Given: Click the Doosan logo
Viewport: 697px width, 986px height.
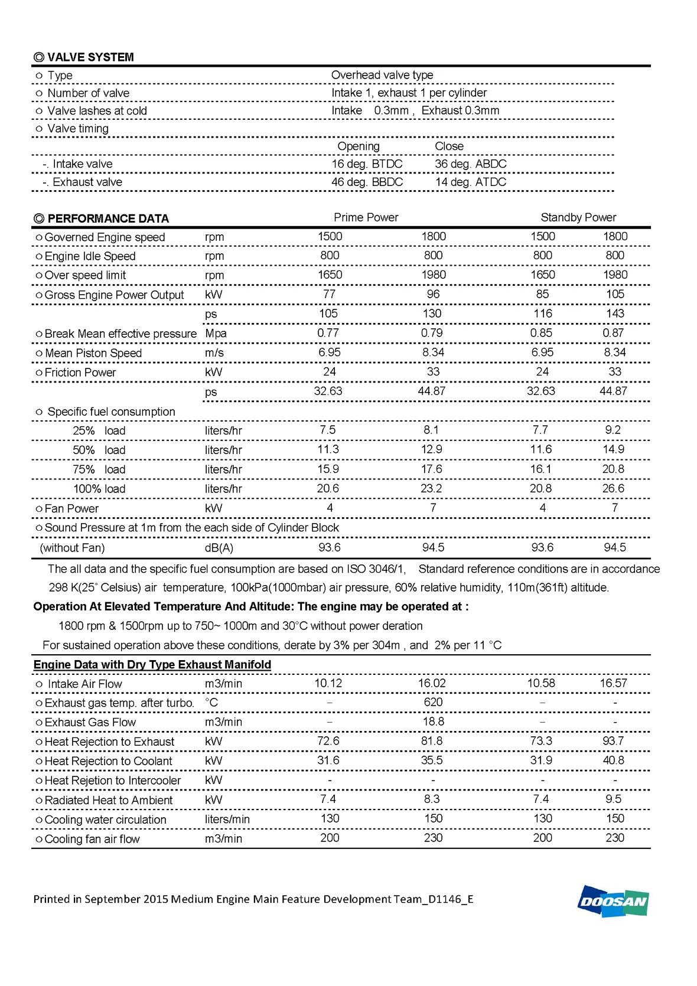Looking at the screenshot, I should [x=613, y=901].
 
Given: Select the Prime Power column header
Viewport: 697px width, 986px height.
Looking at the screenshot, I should [x=366, y=217].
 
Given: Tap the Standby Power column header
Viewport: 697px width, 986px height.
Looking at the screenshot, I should [x=578, y=217].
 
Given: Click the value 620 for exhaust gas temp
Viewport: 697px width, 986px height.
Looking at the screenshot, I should [x=433, y=702].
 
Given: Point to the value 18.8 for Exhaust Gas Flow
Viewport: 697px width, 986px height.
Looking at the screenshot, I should [x=433, y=721].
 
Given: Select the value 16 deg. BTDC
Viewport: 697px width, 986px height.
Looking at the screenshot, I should [x=367, y=164].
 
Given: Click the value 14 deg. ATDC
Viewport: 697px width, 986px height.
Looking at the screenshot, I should [x=470, y=182].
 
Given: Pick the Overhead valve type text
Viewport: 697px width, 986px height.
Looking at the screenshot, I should [x=382, y=75].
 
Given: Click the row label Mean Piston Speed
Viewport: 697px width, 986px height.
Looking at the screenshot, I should [x=93, y=353].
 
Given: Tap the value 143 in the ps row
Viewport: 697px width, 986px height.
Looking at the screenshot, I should [x=614, y=314].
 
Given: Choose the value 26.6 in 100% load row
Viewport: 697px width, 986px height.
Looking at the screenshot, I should [x=613, y=488].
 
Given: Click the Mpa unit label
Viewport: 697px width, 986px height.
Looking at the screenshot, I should [x=216, y=333].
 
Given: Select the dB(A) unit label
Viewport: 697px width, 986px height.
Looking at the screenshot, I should [x=219, y=548].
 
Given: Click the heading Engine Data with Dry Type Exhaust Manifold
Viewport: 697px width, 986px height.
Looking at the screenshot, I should [x=152, y=664].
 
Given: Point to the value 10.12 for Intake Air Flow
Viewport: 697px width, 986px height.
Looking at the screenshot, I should [x=328, y=683].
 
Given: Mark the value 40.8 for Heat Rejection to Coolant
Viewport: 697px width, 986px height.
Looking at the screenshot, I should [x=613, y=760].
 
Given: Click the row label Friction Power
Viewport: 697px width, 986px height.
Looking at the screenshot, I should [x=80, y=373].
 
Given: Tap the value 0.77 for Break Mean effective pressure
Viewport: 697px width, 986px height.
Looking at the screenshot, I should [x=328, y=333].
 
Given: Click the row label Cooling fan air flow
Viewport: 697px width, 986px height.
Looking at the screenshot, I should [x=92, y=839].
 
